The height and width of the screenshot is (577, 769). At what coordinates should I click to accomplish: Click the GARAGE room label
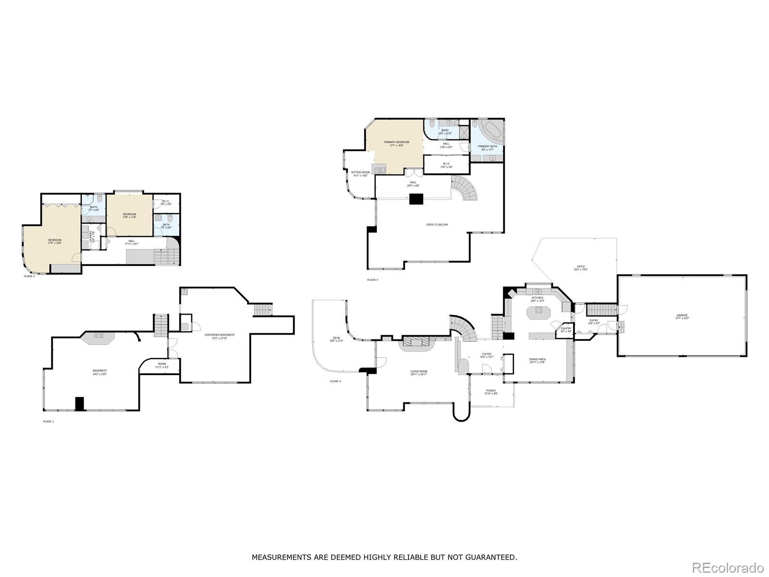(682, 316)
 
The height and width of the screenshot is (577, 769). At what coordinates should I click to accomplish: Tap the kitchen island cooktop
(537, 311)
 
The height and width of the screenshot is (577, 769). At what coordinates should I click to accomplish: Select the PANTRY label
(566, 329)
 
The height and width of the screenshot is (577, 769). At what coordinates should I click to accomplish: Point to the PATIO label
(581, 267)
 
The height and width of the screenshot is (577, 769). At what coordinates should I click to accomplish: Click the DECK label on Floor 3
(336, 339)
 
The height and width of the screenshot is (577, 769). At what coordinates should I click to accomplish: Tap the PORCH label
(491, 391)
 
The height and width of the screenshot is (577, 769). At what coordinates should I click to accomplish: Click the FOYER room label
(487, 355)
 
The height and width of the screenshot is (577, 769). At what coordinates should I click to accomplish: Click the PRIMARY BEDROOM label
(396, 143)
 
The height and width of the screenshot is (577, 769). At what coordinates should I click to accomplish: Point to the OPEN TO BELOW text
(437, 225)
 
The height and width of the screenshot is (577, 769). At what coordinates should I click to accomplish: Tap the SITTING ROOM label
(360, 174)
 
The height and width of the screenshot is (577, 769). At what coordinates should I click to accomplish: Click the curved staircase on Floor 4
(466, 188)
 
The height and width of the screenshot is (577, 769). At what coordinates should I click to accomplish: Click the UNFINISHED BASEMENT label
(219, 336)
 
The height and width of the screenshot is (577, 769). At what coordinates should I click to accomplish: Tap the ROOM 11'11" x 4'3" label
(161, 365)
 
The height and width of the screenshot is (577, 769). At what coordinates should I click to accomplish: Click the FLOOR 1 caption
(49, 421)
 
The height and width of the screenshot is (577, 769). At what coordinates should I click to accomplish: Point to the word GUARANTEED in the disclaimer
(496, 557)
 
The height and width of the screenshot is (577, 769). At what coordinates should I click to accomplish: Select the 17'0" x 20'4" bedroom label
(54, 241)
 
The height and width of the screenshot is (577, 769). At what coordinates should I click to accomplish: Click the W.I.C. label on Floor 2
(166, 202)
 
